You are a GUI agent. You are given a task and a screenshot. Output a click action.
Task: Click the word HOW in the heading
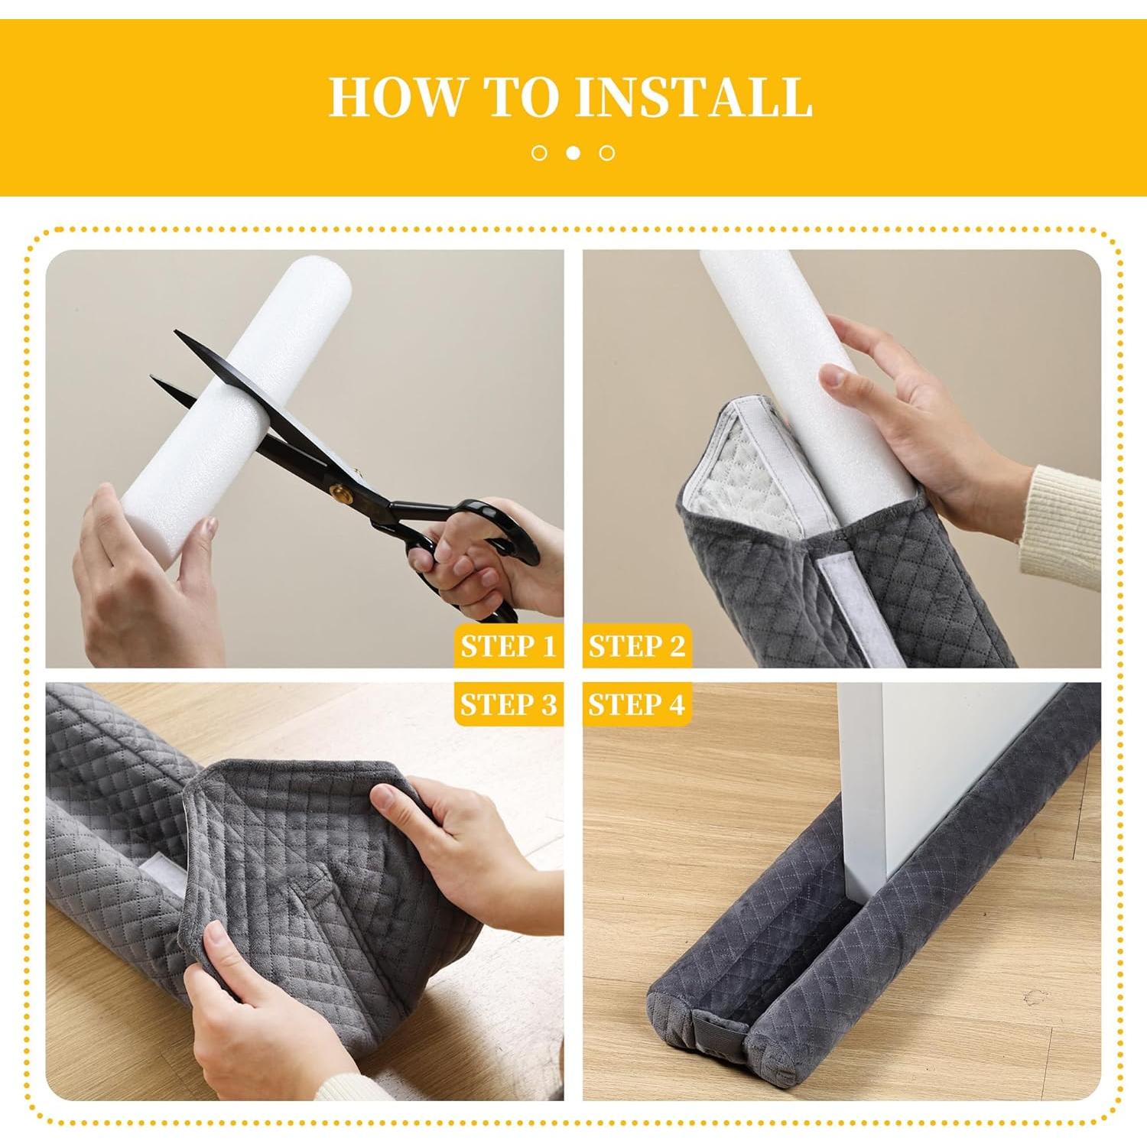click(x=396, y=97)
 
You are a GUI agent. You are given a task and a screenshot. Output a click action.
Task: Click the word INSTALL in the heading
click(x=694, y=97)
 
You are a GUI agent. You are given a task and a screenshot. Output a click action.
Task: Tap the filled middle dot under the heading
click(x=573, y=153)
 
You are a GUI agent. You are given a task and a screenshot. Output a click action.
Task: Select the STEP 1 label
click(x=508, y=646)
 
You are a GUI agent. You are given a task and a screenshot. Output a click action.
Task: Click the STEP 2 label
click(x=636, y=646)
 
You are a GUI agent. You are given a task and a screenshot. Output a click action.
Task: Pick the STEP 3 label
click(x=508, y=704)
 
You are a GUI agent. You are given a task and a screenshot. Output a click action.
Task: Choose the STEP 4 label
click(x=636, y=704)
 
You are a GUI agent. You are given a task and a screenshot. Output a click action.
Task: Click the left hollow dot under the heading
click(x=539, y=153)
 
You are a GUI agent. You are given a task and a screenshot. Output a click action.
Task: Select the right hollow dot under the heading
click(x=607, y=153)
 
